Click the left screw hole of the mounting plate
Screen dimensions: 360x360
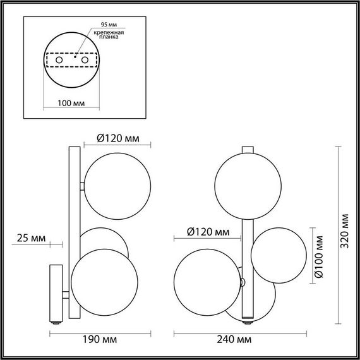pos(59,59)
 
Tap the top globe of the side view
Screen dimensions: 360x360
pos(118,187)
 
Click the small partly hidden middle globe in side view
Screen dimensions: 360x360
pos(104,237)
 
